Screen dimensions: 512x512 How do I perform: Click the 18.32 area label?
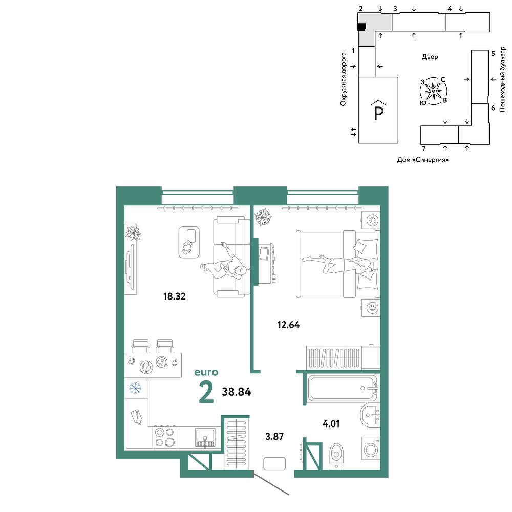click(x=175, y=296)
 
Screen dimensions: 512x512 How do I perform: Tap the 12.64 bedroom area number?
click(x=289, y=325)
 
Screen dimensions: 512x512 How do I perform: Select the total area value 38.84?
click(x=237, y=392)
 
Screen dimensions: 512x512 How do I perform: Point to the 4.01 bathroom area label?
click(x=331, y=424)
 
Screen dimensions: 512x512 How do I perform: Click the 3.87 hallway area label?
click(x=274, y=436)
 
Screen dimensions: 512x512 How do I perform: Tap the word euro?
click(x=206, y=372)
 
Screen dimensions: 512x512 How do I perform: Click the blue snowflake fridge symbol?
click(x=135, y=388)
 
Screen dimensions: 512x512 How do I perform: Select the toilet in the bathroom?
click(x=336, y=456)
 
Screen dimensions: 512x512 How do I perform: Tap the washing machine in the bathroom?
click(x=371, y=450)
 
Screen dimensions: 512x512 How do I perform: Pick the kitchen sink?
click(x=205, y=438)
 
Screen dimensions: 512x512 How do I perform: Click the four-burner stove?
click(x=164, y=437)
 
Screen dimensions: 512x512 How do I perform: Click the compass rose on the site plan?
click(x=433, y=91)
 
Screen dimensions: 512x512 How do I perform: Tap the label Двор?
click(x=430, y=57)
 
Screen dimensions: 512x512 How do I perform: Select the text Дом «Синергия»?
click(x=423, y=160)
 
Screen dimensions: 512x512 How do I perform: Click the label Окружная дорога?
click(x=343, y=79)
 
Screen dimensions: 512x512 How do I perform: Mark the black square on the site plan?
click(x=361, y=27)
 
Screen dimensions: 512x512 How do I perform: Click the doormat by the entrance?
click(x=274, y=464)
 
